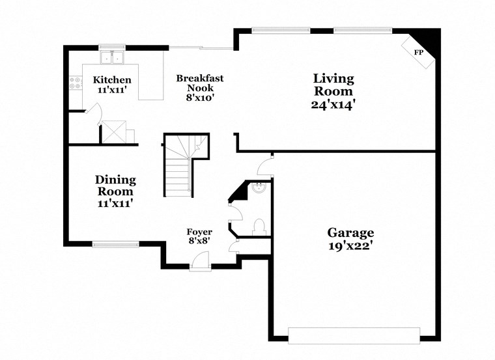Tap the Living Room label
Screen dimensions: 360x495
(x=334, y=85)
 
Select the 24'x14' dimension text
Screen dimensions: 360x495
(x=334, y=104)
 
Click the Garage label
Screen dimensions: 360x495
(x=350, y=232)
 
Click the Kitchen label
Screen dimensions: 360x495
(x=112, y=80)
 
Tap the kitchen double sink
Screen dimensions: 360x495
(x=112, y=58)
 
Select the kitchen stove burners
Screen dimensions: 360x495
(x=74, y=83)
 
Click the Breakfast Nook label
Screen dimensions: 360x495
(x=200, y=83)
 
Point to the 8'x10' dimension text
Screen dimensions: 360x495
(x=200, y=98)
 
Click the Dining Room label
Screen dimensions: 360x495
(x=116, y=186)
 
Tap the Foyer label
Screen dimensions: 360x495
(x=199, y=232)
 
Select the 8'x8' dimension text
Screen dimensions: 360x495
(x=199, y=242)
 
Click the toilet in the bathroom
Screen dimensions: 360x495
(x=259, y=226)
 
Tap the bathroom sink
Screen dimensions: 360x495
(x=259, y=188)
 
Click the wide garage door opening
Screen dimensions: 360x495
(x=354, y=335)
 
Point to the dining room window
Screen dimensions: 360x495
(x=115, y=245)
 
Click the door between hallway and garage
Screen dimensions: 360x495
(x=265, y=167)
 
